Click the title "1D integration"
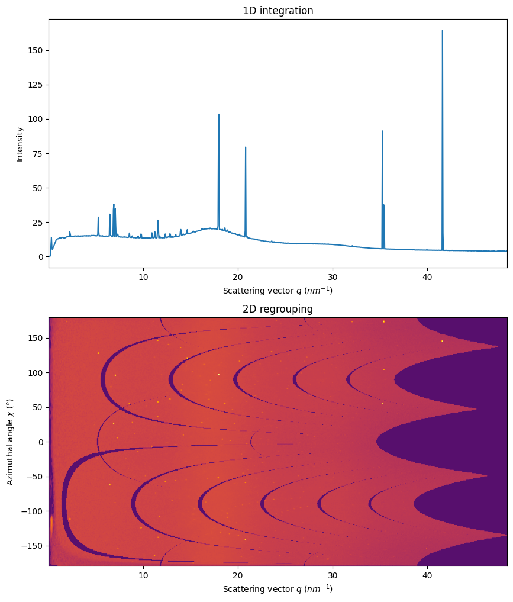pos(278,11)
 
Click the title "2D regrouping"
pos(278,309)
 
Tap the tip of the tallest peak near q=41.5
pos(442,31)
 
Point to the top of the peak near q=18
pos(218,115)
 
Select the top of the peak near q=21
pos(246,147)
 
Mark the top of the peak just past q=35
pos(382,131)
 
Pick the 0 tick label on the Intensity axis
pos(40,257)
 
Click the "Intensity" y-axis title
pos(20,144)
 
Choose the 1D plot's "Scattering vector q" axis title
pos(278,291)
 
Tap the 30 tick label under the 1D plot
pos(333,276)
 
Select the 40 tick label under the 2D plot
pos(427,575)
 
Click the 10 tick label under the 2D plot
pos(143,575)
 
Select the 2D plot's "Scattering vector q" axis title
pos(278,589)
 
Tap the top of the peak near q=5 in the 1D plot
pos(98,217)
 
